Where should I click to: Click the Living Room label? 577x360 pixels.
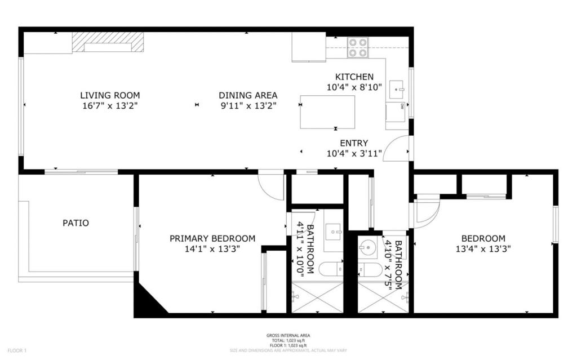110,95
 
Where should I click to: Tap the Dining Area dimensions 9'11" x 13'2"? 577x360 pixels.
248,105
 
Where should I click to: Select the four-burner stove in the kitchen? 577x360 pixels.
357,47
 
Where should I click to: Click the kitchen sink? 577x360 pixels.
397,89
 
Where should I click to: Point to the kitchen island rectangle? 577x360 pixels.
327,112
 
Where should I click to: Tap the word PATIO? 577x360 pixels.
76,223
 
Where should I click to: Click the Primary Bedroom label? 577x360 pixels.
212,238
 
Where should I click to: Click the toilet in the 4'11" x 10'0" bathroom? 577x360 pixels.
331,269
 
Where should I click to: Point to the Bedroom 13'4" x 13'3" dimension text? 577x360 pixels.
483,248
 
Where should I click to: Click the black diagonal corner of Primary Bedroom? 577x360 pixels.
147,300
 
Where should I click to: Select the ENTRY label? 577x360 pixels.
354,143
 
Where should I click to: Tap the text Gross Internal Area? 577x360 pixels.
288,336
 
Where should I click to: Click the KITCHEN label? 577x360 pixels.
354,77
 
